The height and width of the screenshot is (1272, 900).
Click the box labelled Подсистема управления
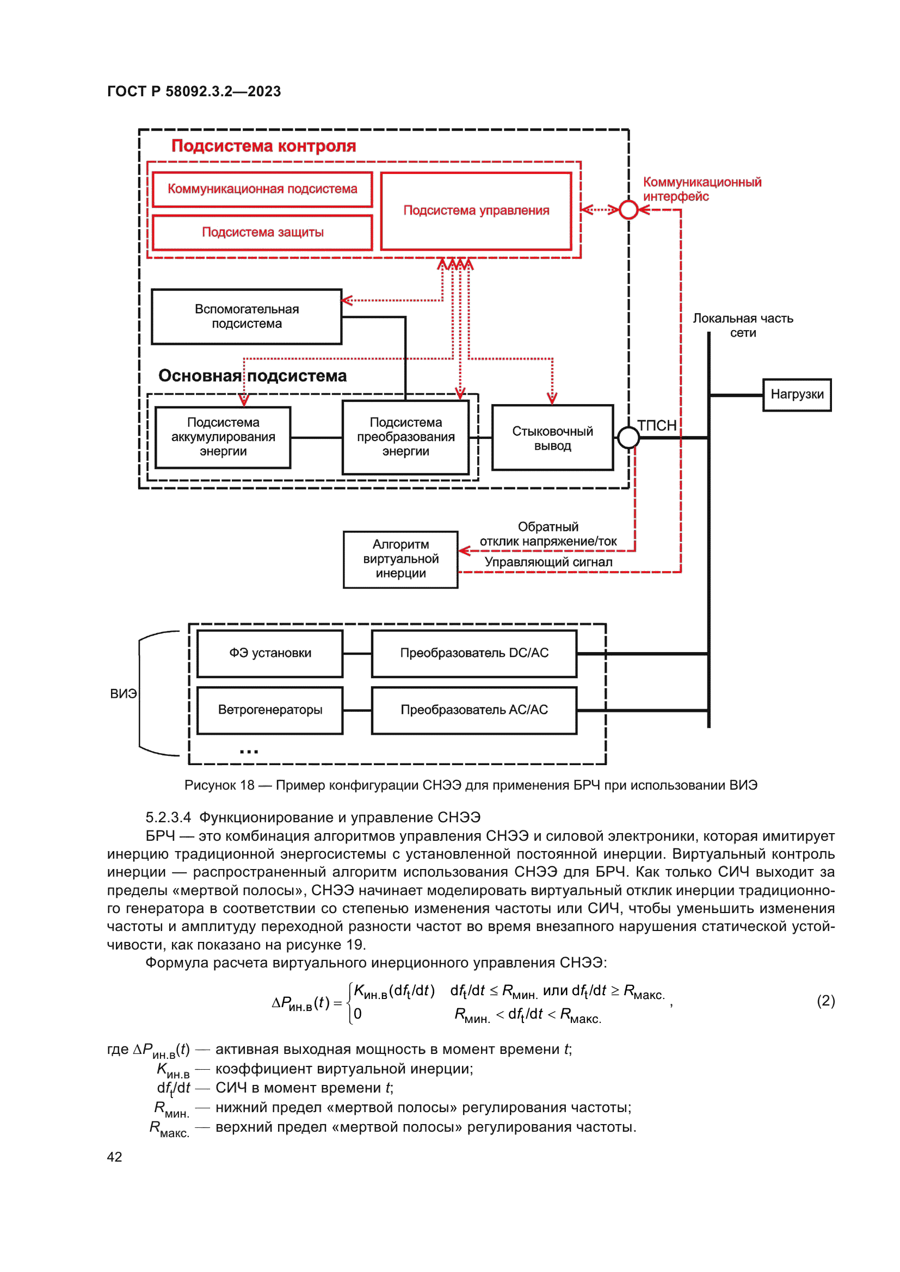(476, 210)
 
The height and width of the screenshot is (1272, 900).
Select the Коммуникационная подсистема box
(262, 189)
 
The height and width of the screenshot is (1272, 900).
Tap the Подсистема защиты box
(262, 232)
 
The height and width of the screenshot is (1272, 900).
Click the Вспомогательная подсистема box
(246, 317)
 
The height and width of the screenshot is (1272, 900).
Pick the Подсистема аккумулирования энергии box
(223, 437)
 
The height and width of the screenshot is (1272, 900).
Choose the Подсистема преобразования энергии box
(406, 437)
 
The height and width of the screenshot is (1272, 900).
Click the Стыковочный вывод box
(552, 438)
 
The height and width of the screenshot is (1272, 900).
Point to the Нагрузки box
(797, 394)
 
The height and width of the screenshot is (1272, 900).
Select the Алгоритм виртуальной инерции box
(400, 559)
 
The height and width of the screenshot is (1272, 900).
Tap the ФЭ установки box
(270, 653)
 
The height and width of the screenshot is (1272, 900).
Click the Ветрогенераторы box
(270, 710)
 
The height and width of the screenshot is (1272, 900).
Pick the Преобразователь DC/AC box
(474, 653)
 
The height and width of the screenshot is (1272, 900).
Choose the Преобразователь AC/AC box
(474, 710)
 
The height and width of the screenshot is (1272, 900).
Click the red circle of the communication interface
(628, 210)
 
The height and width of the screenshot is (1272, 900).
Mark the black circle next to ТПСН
(628, 438)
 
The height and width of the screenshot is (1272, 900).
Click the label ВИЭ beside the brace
(123, 693)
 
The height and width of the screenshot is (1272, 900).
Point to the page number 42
(114, 1157)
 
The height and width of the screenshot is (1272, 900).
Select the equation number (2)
(825, 1001)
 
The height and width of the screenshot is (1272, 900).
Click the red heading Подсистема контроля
(263, 146)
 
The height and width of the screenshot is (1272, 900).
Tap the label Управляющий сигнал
(548, 562)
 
